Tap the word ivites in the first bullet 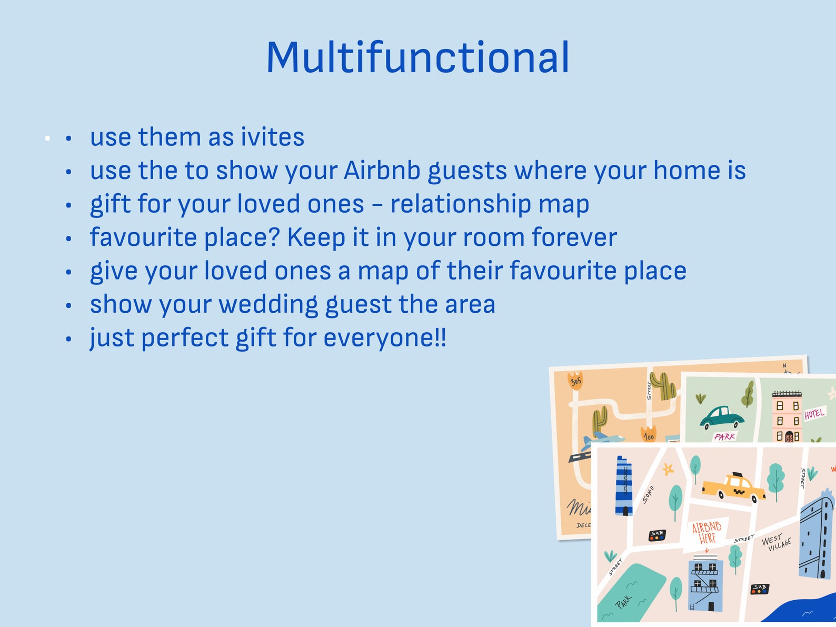(x=272, y=137)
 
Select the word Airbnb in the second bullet (x=382, y=171)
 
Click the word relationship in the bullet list (x=461, y=204)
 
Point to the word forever (x=574, y=237)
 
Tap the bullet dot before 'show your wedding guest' (x=68, y=305)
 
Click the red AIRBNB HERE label (x=706, y=532)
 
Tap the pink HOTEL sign (x=814, y=414)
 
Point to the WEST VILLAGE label (x=776, y=542)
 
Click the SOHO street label (x=648, y=495)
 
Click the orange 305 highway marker (x=575, y=381)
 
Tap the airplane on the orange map (x=603, y=438)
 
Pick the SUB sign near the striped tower (x=657, y=535)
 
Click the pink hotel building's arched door (x=788, y=436)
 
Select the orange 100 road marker (x=649, y=435)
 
